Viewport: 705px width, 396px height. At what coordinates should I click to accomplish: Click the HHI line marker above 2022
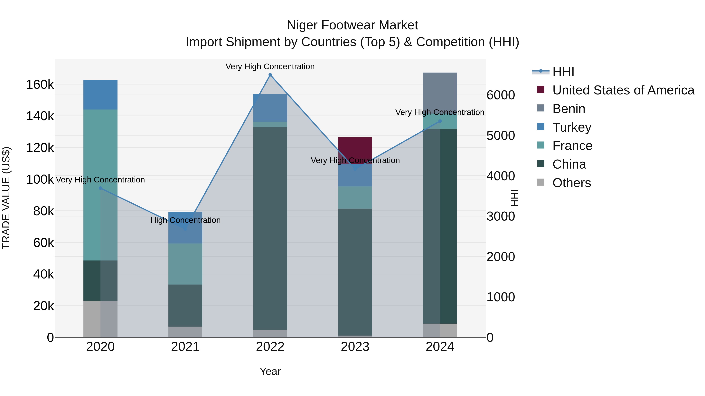270,75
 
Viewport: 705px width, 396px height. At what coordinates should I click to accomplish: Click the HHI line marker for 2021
185,229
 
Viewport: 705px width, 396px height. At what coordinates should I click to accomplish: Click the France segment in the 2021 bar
185,264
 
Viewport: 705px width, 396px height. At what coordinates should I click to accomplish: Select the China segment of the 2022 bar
270,228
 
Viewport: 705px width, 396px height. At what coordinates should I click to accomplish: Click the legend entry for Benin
569,109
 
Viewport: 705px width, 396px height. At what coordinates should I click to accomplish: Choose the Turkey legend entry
571,127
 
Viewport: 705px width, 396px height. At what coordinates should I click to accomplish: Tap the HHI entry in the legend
563,72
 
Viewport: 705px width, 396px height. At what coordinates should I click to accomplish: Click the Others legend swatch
540,182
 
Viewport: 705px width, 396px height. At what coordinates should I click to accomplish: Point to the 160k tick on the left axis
40,85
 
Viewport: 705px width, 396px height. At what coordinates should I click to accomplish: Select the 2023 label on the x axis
355,347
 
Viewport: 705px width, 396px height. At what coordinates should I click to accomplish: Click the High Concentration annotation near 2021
185,220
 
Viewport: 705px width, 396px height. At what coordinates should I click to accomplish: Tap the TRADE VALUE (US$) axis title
6,198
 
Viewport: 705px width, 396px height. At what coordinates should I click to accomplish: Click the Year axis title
270,371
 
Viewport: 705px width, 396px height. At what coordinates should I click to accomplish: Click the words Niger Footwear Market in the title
352,25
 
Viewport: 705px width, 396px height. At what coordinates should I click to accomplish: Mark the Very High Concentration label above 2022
270,66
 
